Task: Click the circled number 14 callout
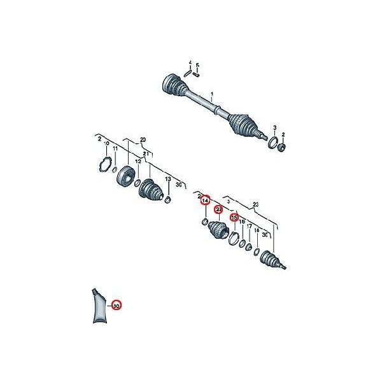pos(205,201)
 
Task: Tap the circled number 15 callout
pos(234,217)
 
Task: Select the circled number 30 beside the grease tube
pos(117,306)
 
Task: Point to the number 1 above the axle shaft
pos(213,95)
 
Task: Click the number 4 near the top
pos(189,62)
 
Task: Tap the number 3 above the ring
pos(274,127)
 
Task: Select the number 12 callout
pos(138,162)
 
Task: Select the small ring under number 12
pos(139,183)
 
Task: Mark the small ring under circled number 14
pos(204,222)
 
